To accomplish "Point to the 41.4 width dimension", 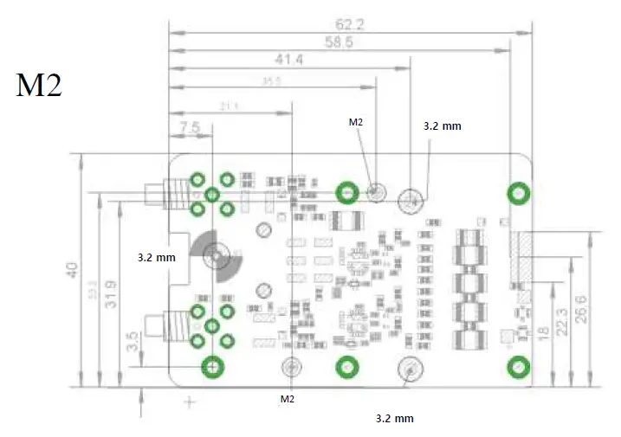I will pos(288,60).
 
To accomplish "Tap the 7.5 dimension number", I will pos(190,126).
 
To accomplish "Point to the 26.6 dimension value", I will pos(592,309).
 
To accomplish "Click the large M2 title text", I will pos(39,86).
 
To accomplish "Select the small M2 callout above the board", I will pos(356,123).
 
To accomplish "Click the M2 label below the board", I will pos(288,399).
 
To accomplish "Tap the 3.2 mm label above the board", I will pos(442,126).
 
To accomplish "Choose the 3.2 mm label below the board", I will pos(394,418).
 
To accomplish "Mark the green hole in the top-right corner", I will pos(518,192).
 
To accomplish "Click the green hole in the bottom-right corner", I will pos(517,367).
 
